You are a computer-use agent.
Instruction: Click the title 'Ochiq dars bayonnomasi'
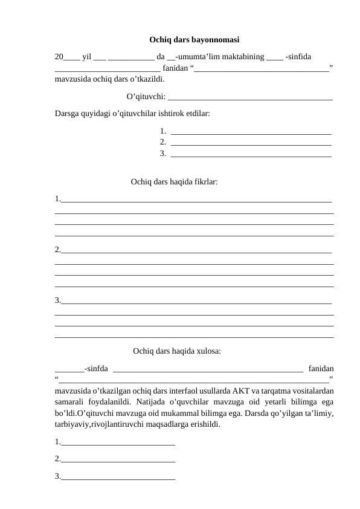194,40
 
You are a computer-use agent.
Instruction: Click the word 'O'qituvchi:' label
147,96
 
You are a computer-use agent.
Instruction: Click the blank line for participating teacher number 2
251,144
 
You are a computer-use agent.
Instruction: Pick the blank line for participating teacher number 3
251,156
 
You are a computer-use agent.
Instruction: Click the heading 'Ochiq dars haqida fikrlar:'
175,181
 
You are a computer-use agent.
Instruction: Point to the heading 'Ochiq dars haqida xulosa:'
176,350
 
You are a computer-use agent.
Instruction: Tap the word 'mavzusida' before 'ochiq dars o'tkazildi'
72,79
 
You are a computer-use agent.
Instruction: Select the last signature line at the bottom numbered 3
118,478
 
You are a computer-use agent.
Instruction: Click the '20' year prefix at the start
59,57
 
